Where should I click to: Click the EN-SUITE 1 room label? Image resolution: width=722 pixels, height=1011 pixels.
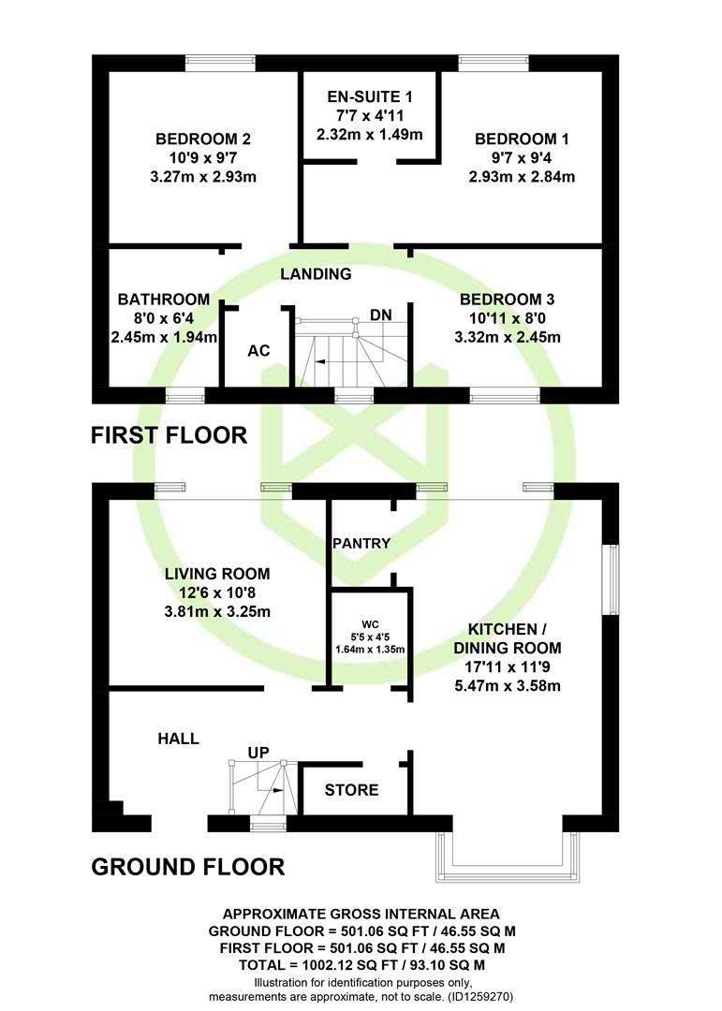point(370,96)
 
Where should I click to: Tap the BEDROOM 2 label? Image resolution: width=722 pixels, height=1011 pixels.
point(203,139)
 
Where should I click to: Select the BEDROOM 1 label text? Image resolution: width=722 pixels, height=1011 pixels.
point(522,139)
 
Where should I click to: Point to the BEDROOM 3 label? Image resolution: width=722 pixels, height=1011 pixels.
point(508,300)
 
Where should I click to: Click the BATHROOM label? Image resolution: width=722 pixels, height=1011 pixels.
point(164,300)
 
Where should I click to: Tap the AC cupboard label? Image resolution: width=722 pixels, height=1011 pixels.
point(258,351)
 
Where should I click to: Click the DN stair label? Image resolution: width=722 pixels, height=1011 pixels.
point(381,315)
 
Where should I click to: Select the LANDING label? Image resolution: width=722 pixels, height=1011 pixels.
point(317,274)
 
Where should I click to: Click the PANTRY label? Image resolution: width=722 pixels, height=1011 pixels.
point(361,544)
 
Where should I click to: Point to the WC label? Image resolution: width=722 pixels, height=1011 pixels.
point(370,624)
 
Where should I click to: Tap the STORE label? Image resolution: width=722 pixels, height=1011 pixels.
point(352,790)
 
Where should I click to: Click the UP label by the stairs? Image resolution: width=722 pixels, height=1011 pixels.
point(258,753)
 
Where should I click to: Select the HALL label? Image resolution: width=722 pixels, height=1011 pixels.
point(179,739)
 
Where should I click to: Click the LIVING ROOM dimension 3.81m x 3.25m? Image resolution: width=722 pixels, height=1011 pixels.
point(217,611)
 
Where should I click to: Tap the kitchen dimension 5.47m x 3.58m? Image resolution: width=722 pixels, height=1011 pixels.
point(508,685)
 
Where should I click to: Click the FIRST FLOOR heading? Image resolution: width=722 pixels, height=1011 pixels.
point(169,435)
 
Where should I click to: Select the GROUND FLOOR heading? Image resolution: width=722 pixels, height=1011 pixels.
point(188,867)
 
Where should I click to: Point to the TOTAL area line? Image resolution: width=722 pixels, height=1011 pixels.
point(362,965)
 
